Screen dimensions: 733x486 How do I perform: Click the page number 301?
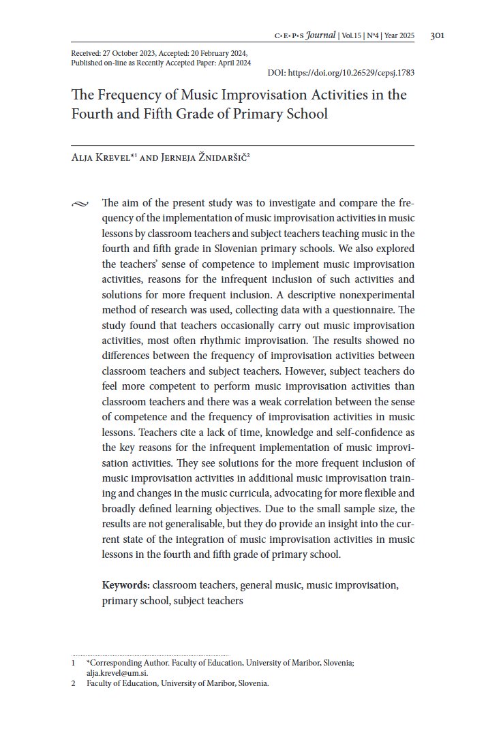[438, 36]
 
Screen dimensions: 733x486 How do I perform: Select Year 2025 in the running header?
[399, 36]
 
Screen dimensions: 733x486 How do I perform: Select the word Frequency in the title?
[123, 95]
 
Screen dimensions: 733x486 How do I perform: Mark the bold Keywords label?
[125, 585]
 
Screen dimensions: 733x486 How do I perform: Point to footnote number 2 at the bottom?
[73, 684]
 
